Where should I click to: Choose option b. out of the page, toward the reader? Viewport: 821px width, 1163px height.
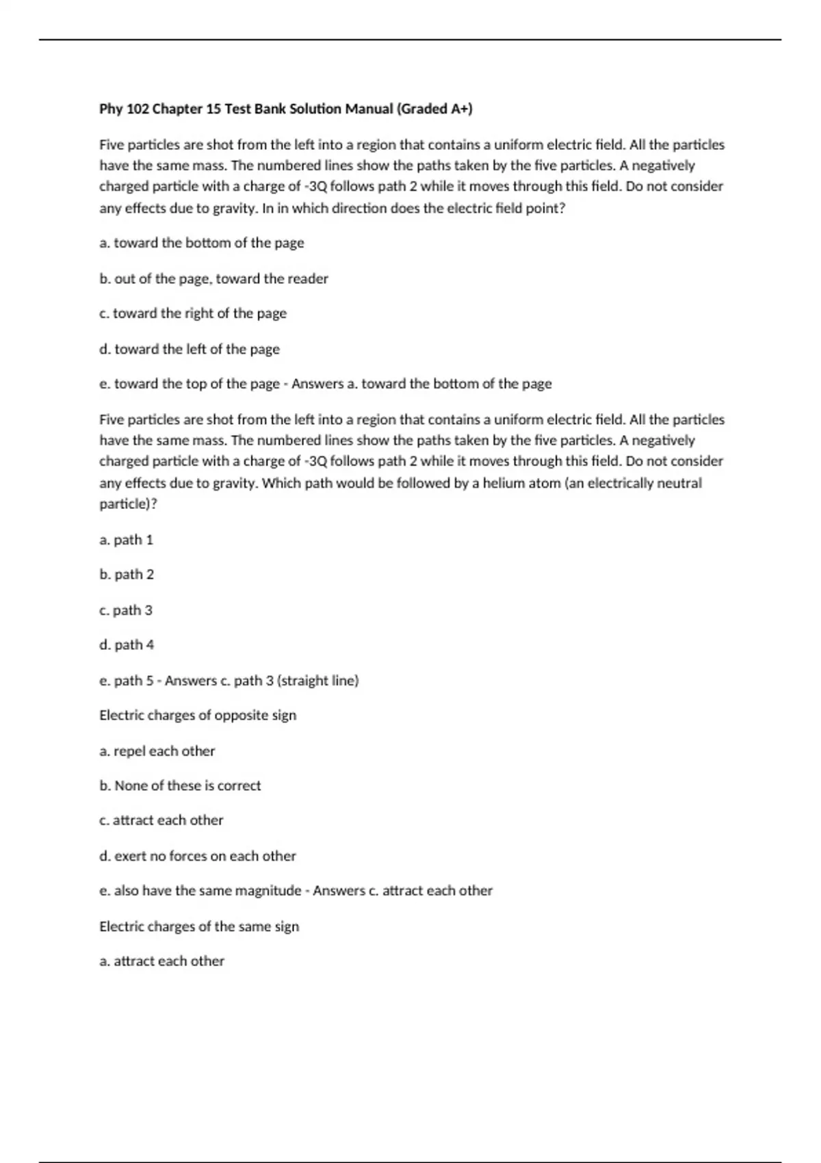[213, 278]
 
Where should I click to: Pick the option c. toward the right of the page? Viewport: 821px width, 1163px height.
[193, 313]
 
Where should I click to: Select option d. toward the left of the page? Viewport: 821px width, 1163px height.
[190, 349]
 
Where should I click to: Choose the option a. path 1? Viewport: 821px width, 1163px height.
[127, 540]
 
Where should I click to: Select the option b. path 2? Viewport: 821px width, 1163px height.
[127, 575]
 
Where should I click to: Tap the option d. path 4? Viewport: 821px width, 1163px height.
[127, 645]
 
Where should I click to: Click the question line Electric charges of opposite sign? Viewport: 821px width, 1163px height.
[198, 716]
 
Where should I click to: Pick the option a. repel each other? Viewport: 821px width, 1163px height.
[157, 751]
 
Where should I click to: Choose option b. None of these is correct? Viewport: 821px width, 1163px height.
[180, 786]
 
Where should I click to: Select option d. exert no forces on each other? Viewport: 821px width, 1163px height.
[198, 856]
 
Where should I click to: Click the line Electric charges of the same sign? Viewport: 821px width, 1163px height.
[199, 926]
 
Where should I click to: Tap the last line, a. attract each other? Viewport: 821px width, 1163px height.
[162, 961]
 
